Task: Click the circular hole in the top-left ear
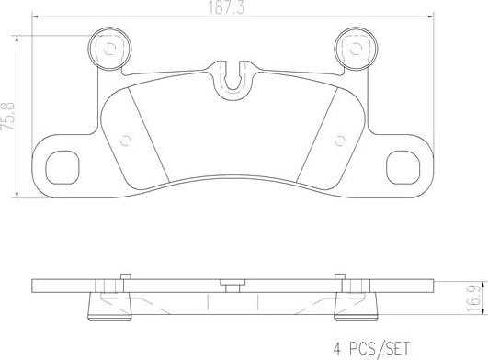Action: click(x=108, y=49)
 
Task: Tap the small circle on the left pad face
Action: click(x=127, y=140)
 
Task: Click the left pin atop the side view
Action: click(x=121, y=274)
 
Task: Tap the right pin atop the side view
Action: click(x=341, y=274)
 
